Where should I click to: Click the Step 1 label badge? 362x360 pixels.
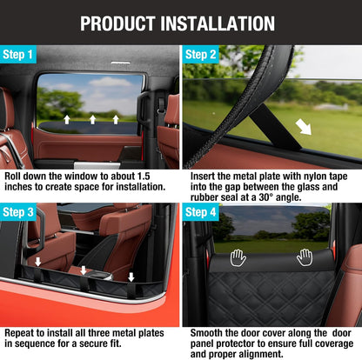coord(18,54)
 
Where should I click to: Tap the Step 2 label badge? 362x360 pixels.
coord(200,54)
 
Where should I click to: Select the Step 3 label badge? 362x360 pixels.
coord(18,212)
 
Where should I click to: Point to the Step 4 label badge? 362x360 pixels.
coord(200,212)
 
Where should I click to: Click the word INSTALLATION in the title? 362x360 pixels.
coord(218,23)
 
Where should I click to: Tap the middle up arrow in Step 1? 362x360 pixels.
coord(92,119)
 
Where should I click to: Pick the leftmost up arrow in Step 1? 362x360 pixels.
coord(67,119)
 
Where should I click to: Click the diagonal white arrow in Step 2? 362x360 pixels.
coord(304,128)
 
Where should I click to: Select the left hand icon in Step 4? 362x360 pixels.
coord(238,258)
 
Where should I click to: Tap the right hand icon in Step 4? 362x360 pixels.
coord(305,257)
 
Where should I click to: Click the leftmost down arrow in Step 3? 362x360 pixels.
coord(38,262)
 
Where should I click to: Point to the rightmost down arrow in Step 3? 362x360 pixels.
coord(131,277)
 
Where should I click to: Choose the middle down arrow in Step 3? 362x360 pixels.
coord(84,270)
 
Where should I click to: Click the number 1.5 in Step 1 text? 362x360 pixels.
coord(144,177)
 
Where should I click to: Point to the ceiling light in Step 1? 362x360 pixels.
coord(121,63)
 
